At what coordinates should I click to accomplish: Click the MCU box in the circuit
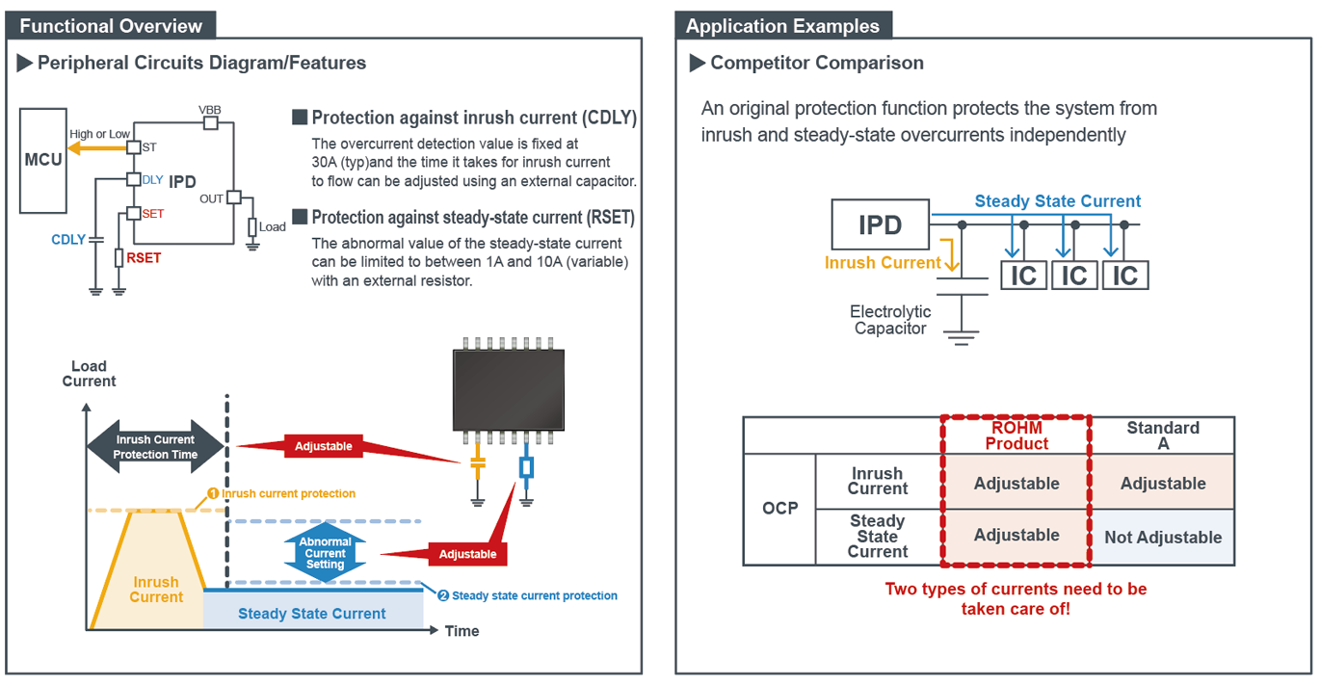pyautogui.click(x=43, y=160)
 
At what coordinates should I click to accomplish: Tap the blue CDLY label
pyautogui.click(x=68, y=240)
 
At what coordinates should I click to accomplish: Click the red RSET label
pyautogui.click(x=144, y=258)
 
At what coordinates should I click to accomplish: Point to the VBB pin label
pyautogui.click(x=209, y=110)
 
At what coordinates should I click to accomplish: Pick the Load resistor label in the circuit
pyautogui.click(x=273, y=227)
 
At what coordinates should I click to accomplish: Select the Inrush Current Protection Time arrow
pyautogui.click(x=155, y=447)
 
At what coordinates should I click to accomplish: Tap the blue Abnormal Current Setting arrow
pyautogui.click(x=325, y=553)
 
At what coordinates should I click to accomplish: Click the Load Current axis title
pyautogui.click(x=89, y=374)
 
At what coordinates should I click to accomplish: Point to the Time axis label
pyautogui.click(x=462, y=631)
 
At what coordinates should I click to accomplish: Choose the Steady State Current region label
pyautogui.click(x=311, y=614)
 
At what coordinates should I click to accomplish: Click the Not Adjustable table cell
pyautogui.click(x=1162, y=538)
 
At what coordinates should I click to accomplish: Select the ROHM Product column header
pyautogui.click(x=1016, y=435)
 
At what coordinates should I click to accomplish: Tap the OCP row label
pyautogui.click(x=779, y=508)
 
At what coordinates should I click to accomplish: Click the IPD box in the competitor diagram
pyautogui.click(x=880, y=225)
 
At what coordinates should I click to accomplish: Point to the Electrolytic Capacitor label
pyautogui.click(x=889, y=320)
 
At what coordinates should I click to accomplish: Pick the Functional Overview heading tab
pyautogui.click(x=111, y=26)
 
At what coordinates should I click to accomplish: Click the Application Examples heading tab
pyautogui.click(x=782, y=26)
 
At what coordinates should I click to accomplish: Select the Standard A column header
pyautogui.click(x=1162, y=435)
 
